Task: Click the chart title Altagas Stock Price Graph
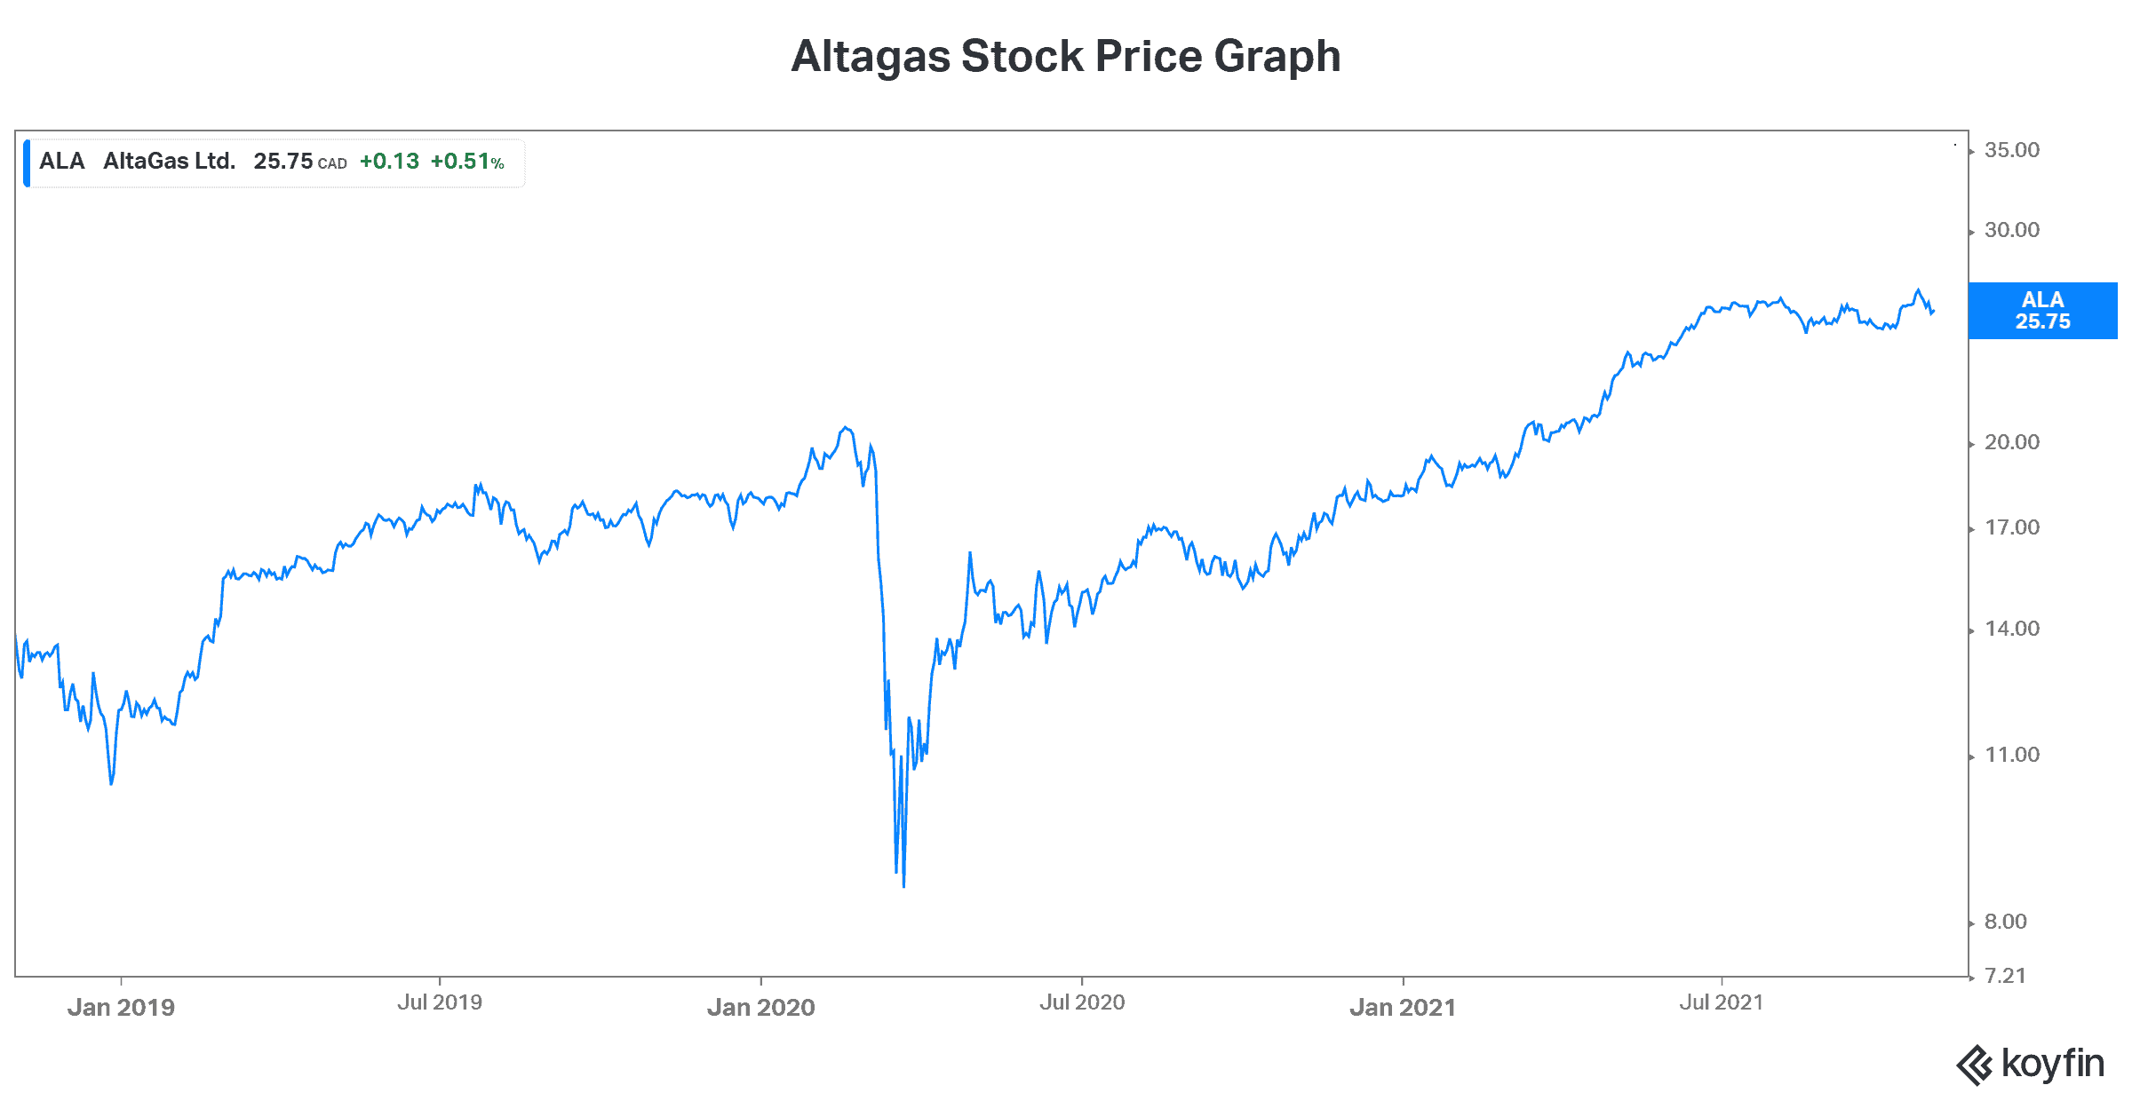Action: click(x=1065, y=57)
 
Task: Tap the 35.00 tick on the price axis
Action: click(x=2012, y=150)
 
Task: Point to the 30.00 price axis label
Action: click(x=2012, y=230)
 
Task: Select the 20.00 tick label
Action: click(x=2012, y=442)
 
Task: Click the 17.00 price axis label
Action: click(x=2012, y=527)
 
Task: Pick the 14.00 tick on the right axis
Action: click(x=2012, y=629)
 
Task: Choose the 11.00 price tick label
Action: click(x=2012, y=755)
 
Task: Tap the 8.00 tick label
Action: click(x=2006, y=922)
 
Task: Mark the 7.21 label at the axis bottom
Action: click(x=2006, y=976)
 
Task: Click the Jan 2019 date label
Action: click(x=121, y=1007)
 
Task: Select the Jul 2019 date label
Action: click(x=440, y=1002)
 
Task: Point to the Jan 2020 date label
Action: click(x=760, y=1007)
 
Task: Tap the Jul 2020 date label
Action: click(x=1082, y=1002)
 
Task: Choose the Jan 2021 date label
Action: click(x=1403, y=1007)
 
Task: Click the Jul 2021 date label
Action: click(x=1721, y=1002)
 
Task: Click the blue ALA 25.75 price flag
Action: click(x=2042, y=311)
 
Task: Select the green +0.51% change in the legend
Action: click(x=467, y=162)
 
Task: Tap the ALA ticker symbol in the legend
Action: click(x=61, y=162)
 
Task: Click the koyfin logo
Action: click(x=2030, y=1064)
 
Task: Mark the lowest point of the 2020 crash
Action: click(x=903, y=885)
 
